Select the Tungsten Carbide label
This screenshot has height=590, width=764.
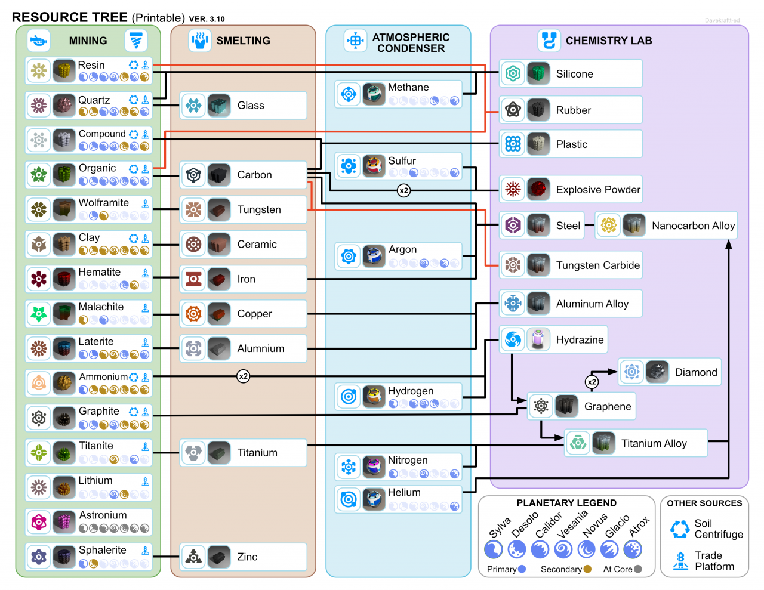click(597, 265)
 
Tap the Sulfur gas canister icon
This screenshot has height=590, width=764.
click(374, 166)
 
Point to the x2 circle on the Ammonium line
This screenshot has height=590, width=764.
click(243, 376)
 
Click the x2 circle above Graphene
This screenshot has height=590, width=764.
click(592, 382)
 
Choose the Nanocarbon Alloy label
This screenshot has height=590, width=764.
click(693, 226)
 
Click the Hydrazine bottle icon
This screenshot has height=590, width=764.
click(538, 339)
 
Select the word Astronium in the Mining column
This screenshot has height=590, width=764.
click(103, 515)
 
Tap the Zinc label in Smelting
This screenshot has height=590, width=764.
click(247, 557)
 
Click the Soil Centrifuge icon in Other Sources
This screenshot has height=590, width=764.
click(680, 529)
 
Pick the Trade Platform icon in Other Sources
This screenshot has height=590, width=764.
click(680, 561)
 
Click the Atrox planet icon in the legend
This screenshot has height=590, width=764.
click(633, 549)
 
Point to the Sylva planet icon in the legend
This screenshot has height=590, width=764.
click(494, 549)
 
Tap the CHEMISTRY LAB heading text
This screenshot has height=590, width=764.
click(609, 41)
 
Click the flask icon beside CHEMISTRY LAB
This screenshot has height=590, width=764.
click(549, 41)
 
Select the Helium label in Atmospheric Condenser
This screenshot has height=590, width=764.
click(404, 493)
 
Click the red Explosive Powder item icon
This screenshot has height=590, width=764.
click(538, 190)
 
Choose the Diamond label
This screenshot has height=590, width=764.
click(696, 372)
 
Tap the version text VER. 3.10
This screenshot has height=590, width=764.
click(207, 19)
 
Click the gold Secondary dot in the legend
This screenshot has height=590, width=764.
click(588, 569)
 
